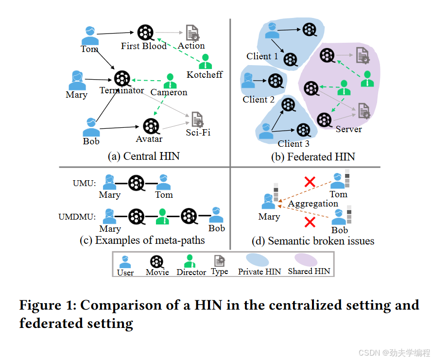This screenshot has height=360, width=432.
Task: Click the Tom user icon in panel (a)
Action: click(89, 35)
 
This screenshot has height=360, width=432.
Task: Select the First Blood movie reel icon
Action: click(144, 33)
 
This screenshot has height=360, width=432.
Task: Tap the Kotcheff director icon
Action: click(206, 61)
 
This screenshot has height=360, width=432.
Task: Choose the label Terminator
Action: click(121, 90)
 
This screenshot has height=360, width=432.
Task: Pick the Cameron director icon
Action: click(169, 80)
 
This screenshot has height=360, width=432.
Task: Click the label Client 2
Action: click(259, 100)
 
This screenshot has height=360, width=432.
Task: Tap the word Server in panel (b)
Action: click(348, 129)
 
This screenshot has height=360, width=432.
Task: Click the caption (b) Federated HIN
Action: click(313, 156)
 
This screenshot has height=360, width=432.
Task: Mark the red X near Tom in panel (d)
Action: click(309, 183)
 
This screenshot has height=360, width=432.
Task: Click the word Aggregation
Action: click(312, 204)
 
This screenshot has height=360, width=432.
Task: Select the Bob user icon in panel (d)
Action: click(340, 215)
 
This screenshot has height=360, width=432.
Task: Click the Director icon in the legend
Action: click(190, 261)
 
